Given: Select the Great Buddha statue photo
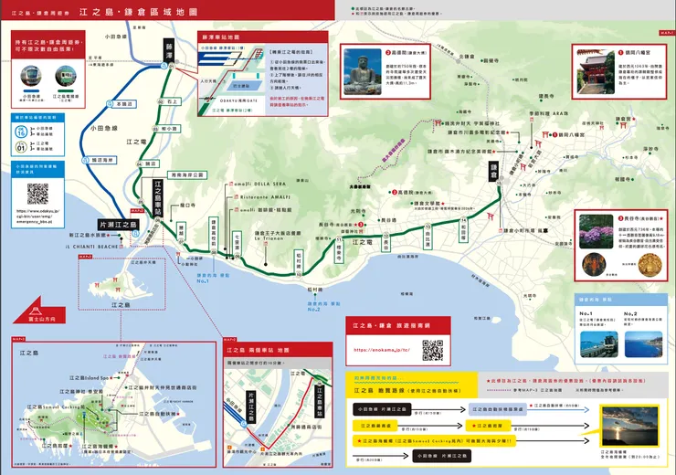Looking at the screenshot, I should point(362,64).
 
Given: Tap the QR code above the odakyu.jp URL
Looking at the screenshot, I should point(37,193).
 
